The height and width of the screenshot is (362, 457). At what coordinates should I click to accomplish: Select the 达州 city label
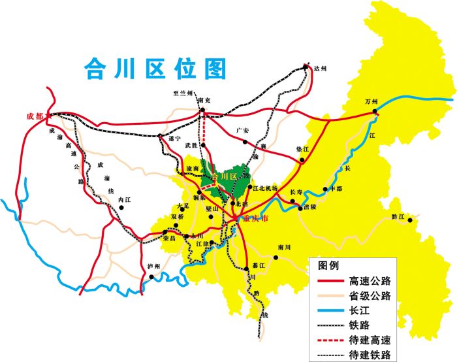pyautogui.click(x=319, y=69)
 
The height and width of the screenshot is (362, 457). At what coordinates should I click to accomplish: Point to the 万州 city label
pyautogui.click(x=371, y=102)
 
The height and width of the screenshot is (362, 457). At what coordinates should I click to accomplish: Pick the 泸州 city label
pyautogui.click(x=155, y=267)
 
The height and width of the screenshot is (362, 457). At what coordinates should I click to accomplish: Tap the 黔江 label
pyautogui.click(x=398, y=216)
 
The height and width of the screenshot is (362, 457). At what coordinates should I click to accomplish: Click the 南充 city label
pyautogui.click(x=204, y=101)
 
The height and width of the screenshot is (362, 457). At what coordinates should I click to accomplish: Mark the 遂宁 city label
pyautogui.click(x=174, y=139)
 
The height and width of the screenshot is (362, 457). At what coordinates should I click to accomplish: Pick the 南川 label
pyautogui.click(x=283, y=248)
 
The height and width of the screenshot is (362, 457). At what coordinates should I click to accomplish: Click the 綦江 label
pyautogui.click(x=259, y=265)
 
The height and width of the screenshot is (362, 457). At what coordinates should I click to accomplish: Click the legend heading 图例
pyautogui.click(x=328, y=266)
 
